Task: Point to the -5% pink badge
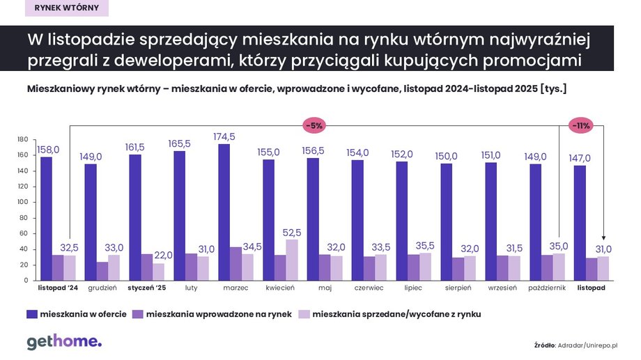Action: (x=314, y=126)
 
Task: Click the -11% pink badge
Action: (x=581, y=126)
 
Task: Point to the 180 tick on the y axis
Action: (x=22, y=139)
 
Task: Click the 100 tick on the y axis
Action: (x=22, y=202)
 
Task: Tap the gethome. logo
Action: (x=64, y=342)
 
